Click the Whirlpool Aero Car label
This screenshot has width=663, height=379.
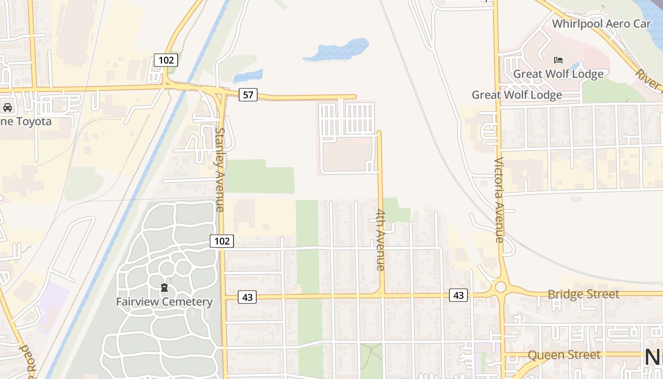click(x=601, y=24)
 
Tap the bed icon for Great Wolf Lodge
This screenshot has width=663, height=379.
click(x=558, y=60)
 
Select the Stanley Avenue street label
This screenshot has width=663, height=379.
click(x=220, y=169)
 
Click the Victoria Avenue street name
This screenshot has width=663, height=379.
click(x=499, y=199)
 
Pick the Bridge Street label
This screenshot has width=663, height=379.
click(x=583, y=294)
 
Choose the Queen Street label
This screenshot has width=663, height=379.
click(x=564, y=355)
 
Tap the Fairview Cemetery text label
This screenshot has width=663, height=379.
click(x=164, y=302)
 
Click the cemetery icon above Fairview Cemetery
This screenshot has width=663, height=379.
click(x=164, y=288)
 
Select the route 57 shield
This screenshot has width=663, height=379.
click(x=248, y=95)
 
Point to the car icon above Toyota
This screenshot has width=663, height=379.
click(x=8, y=108)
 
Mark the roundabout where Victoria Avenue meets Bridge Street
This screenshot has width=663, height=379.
click(x=500, y=287)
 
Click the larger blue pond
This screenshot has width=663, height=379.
click(x=336, y=50)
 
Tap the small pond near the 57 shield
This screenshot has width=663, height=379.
click(x=248, y=76)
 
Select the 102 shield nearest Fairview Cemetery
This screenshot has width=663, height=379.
click(x=222, y=241)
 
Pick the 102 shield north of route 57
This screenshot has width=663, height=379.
click(x=166, y=60)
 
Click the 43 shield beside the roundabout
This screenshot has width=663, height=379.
click(x=458, y=295)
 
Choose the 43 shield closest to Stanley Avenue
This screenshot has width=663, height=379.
click(x=247, y=297)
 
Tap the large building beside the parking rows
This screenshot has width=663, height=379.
click(x=347, y=154)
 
